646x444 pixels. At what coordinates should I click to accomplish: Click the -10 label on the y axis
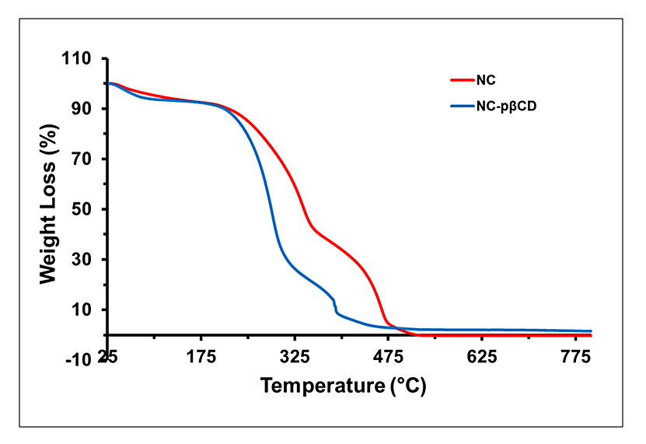tap(81, 359)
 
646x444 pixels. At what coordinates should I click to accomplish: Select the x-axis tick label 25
tap(108, 358)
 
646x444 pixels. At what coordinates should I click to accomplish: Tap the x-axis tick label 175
tap(201, 358)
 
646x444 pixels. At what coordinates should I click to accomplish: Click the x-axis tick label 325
tap(295, 358)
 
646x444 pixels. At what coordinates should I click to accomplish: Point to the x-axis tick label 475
tap(389, 358)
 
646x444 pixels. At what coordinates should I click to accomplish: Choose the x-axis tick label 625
tap(482, 358)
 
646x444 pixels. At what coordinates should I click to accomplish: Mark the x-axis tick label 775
tap(575, 358)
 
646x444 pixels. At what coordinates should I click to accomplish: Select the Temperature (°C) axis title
tap(343, 386)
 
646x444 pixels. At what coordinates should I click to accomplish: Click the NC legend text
tap(487, 79)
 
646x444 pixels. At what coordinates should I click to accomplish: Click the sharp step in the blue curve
tap(335, 306)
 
